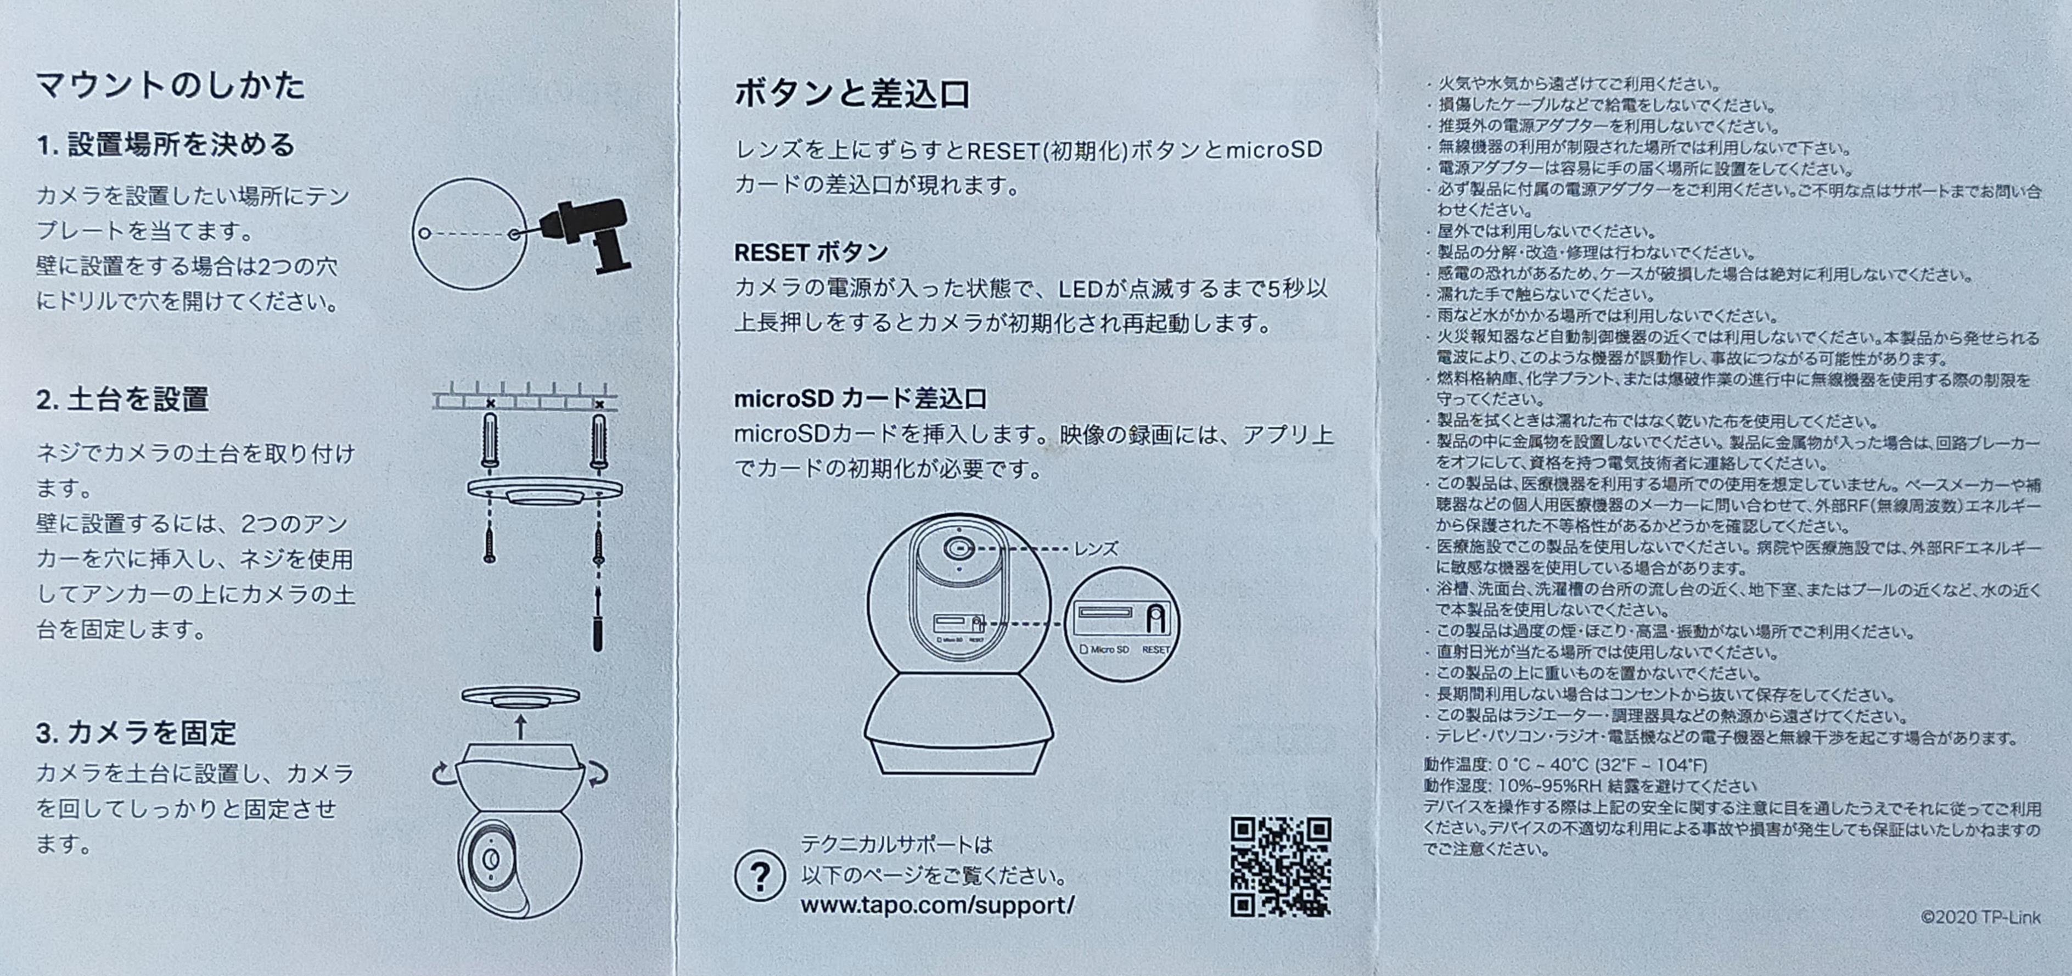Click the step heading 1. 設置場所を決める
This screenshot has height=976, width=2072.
(x=166, y=145)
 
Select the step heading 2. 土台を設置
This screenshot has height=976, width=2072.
(x=122, y=399)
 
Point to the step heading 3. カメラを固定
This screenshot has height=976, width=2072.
(x=136, y=733)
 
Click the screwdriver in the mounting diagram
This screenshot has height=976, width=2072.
(x=598, y=620)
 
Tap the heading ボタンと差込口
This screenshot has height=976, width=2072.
(x=852, y=94)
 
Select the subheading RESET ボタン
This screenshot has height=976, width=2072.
(x=811, y=253)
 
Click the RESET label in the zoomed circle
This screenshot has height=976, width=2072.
(x=1156, y=649)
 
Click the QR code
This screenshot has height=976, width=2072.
(x=1281, y=867)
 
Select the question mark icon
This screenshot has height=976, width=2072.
(x=759, y=876)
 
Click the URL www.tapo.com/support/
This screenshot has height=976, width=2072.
(x=937, y=905)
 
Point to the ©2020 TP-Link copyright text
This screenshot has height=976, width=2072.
(x=1980, y=917)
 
